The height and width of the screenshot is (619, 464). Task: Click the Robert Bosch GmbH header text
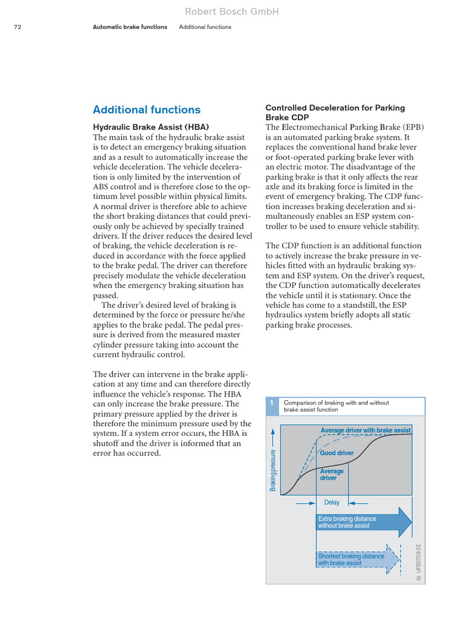[x=232, y=11]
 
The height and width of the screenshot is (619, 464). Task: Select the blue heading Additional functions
[x=146, y=109]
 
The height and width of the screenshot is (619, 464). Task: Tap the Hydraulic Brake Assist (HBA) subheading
[x=150, y=127]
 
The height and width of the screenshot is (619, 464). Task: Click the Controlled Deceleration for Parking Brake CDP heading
[x=335, y=112]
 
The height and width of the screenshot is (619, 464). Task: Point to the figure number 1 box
[x=272, y=406]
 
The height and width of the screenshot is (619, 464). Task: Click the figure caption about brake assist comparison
[x=337, y=406]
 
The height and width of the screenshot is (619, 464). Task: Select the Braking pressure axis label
[x=273, y=470]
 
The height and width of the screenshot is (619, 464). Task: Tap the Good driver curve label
[x=337, y=453]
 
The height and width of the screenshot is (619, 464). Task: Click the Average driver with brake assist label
[x=366, y=430]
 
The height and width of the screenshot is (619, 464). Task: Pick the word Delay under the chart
[x=332, y=502]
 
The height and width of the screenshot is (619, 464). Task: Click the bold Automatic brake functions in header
[x=130, y=27]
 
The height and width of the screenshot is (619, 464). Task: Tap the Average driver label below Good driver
[x=332, y=475]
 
